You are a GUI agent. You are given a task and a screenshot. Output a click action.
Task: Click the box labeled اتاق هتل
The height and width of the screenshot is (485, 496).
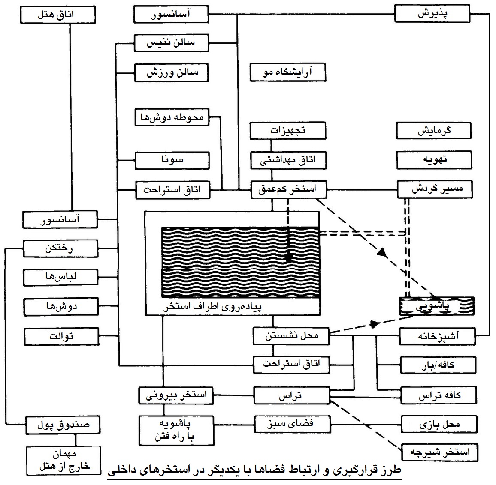(58, 15)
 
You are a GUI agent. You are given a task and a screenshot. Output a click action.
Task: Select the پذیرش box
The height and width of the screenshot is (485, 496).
(432, 14)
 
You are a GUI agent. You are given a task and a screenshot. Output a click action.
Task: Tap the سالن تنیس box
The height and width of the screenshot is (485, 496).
(171, 43)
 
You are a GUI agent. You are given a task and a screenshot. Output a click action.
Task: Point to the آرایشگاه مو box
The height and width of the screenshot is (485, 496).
(288, 72)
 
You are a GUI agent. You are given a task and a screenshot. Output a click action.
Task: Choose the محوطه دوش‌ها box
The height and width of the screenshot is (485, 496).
(172, 117)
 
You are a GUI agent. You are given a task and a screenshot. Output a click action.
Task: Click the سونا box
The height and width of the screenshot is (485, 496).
(172, 160)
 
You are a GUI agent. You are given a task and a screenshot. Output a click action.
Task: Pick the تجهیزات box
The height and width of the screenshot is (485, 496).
(288, 131)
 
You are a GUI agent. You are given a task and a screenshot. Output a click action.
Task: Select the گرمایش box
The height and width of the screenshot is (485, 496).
(434, 131)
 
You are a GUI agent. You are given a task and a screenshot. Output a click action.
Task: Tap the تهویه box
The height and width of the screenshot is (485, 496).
(434, 160)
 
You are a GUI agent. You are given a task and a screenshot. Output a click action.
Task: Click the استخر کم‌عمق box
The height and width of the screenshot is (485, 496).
(288, 189)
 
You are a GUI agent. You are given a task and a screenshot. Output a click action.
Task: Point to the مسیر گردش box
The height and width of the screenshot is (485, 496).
(435, 189)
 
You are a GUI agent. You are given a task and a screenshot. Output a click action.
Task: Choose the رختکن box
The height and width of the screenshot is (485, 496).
(60, 248)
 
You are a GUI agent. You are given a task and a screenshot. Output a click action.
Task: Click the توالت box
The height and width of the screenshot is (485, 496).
(62, 336)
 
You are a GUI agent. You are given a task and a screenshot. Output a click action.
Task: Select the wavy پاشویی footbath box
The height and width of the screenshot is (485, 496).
(437, 306)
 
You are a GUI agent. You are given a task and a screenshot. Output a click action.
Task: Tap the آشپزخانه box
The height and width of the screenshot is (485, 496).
(438, 336)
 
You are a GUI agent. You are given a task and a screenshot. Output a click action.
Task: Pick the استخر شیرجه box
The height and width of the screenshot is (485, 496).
(440, 452)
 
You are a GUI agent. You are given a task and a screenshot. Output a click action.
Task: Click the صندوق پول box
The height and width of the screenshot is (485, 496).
(63, 425)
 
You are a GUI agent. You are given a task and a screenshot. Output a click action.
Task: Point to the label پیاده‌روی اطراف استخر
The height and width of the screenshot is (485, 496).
(212, 307)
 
